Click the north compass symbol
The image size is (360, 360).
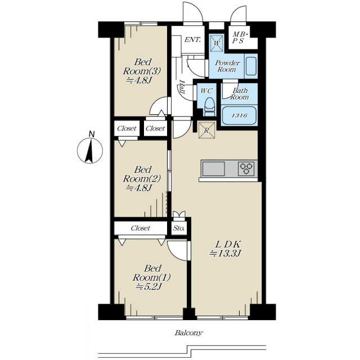tap(90, 150)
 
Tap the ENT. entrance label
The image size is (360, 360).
tap(192, 39)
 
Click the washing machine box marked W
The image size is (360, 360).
tap(217, 43)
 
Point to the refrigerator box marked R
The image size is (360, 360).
tap(207, 130)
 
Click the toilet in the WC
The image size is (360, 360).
tap(209, 106)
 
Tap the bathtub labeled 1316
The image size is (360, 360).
tap(239, 115)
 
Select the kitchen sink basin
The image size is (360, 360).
tap(214, 169)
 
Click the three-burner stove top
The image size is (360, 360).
tap(246, 169)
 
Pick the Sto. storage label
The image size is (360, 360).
tap(179, 228)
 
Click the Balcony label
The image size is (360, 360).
tap(189, 332)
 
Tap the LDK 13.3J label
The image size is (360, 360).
tap(226, 249)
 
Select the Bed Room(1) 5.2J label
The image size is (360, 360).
tap(151, 277)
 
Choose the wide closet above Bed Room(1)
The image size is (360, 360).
tap(141, 228)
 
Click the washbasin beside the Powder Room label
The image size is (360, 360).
tap(251, 66)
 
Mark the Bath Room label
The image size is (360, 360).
tap(240, 94)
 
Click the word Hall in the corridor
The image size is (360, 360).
tap(182, 87)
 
